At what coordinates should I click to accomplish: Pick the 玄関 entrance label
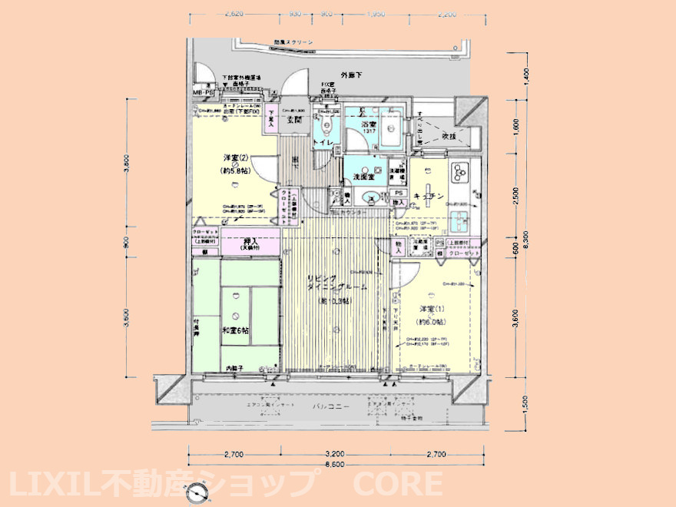[x=293, y=119]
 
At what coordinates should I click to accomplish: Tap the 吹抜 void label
[x=449, y=135]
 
